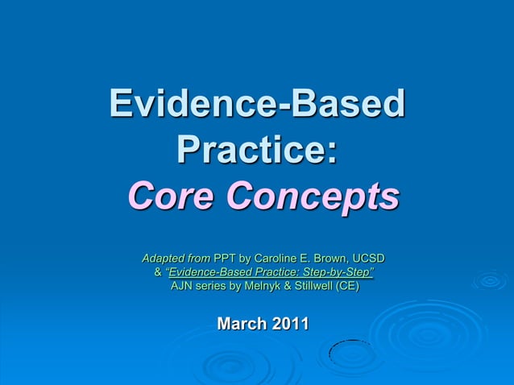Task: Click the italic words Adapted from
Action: tap(176, 259)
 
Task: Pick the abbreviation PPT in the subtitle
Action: tap(226, 259)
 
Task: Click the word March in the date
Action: tap(242, 324)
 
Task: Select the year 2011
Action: tap(290, 324)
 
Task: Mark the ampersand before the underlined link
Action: tap(158, 273)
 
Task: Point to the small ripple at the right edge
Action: tap(489, 280)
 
